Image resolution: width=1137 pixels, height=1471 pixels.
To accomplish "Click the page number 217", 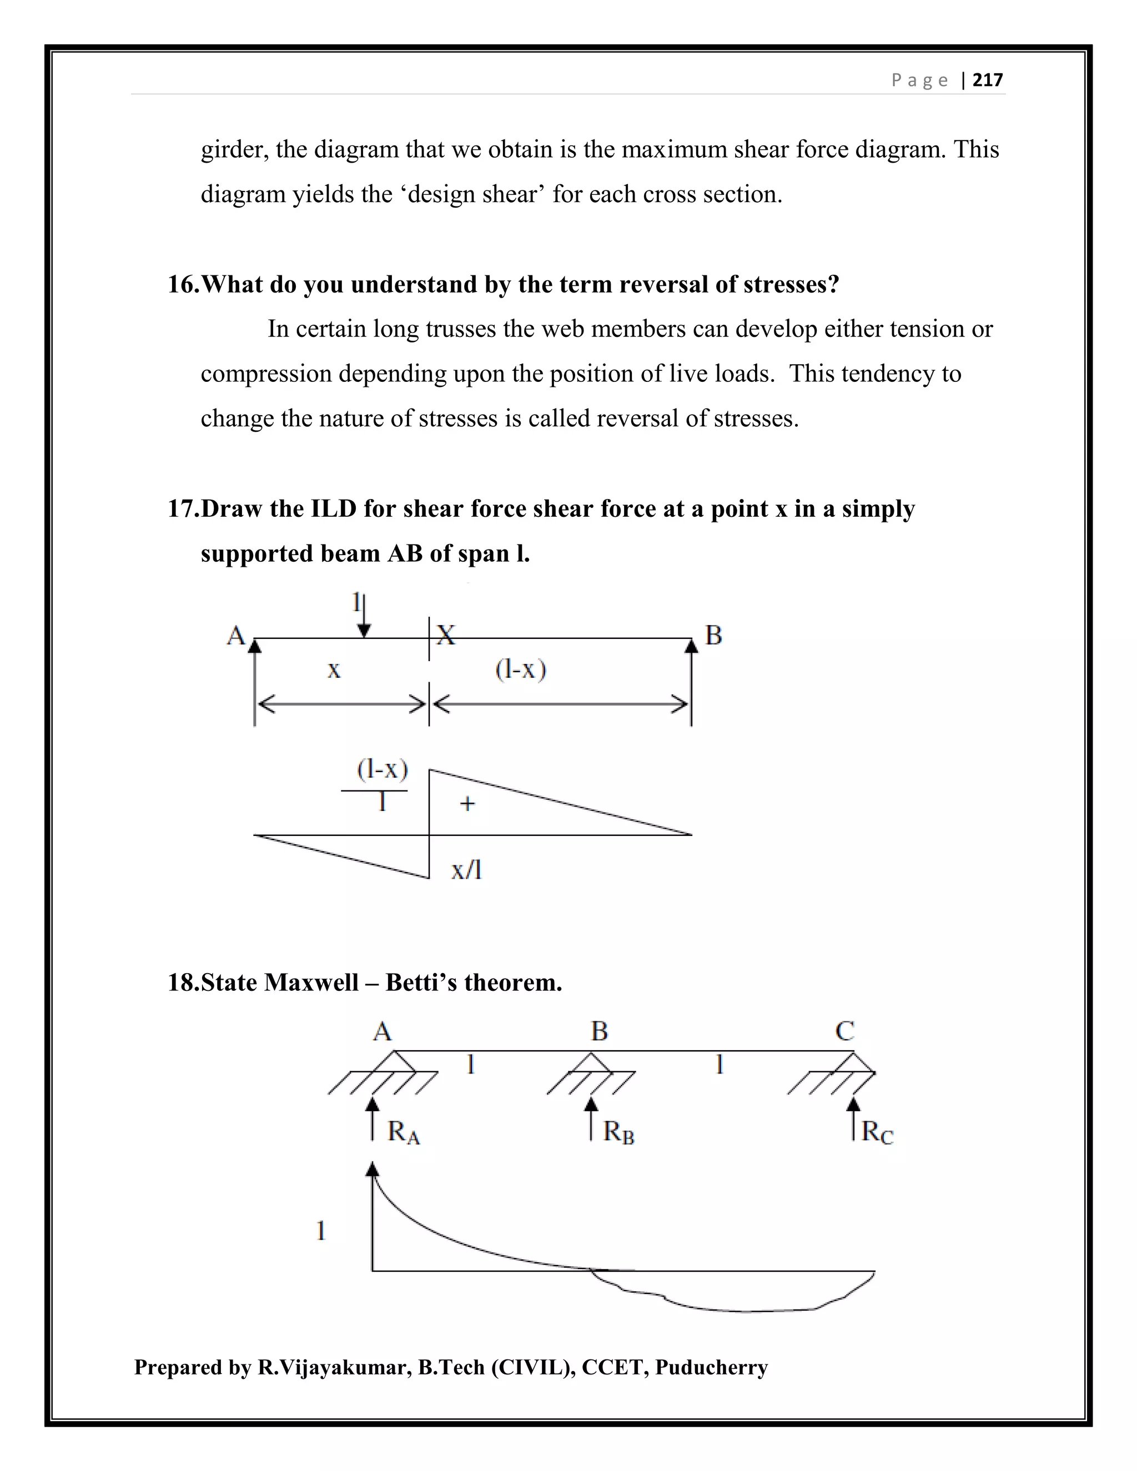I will (x=988, y=80).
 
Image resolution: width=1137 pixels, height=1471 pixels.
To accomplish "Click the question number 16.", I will (x=183, y=284).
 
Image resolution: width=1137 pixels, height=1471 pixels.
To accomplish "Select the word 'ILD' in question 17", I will (x=334, y=508).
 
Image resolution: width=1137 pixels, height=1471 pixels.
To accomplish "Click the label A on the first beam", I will (x=235, y=635).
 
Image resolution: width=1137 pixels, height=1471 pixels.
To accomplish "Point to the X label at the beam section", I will (x=446, y=634).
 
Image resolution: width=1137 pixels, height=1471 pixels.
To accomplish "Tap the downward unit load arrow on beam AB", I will (x=364, y=616).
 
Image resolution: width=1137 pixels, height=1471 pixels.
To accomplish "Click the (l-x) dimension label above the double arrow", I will (x=520, y=669).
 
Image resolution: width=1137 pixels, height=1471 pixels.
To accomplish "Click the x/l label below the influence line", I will (x=466, y=870).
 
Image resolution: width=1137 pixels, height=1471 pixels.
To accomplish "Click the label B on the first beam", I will (x=713, y=635).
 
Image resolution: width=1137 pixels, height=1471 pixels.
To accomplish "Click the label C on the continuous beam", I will (x=844, y=1031).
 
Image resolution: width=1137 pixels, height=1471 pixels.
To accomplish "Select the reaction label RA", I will (x=404, y=1132).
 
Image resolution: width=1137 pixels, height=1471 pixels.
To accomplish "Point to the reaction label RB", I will (x=618, y=1132).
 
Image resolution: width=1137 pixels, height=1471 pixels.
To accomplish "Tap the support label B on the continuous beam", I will (x=599, y=1031).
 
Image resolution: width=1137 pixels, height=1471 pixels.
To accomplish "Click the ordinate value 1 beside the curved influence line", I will (x=321, y=1231).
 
